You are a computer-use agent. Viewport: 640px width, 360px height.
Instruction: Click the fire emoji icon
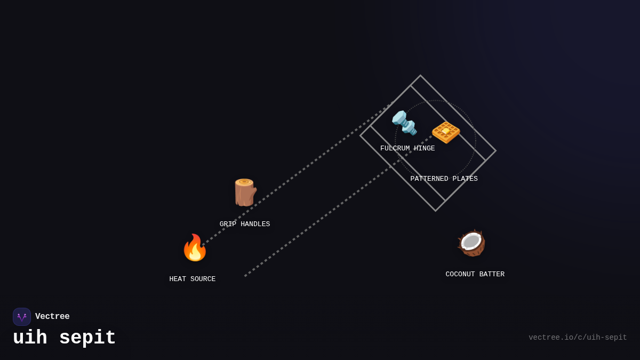pyautogui.click(x=195, y=248)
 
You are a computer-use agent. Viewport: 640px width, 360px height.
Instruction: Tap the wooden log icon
pyautogui.click(x=245, y=193)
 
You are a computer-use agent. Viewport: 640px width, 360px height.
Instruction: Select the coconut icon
pyautogui.click(x=471, y=243)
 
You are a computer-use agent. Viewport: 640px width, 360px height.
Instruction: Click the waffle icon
pyautogui.click(x=446, y=131)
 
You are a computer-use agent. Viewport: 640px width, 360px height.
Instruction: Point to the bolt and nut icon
pyautogui.click(x=404, y=123)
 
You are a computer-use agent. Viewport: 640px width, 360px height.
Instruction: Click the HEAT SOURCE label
pyautogui.click(x=193, y=279)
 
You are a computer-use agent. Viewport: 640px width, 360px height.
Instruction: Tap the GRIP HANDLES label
pyautogui.click(x=245, y=225)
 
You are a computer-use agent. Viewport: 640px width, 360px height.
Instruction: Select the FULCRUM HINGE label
pyautogui.click(x=407, y=149)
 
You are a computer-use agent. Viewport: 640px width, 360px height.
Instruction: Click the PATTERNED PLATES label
pyautogui.click(x=444, y=179)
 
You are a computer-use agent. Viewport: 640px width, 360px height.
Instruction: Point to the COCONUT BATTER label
pyautogui.click(x=475, y=275)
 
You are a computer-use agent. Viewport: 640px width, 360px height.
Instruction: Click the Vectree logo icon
pyautogui.click(x=22, y=317)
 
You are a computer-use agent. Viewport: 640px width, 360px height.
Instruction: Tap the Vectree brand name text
pyautogui.click(x=52, y=317)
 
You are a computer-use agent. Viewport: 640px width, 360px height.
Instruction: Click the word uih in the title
pyautogui.click(x=30, y=338)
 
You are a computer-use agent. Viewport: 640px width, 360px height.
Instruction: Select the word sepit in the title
pyautogui.click(x=87, y=338)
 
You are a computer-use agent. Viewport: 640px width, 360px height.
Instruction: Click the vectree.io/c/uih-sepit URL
pyautogui.click(x=578, y=338)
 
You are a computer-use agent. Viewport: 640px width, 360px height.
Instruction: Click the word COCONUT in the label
pyautogui.click(x=460, y=275)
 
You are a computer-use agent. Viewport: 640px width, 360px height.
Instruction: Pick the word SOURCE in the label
pyautogui.click(x=203, y=279)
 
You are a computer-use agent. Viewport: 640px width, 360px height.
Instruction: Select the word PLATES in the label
pyautogui.click(x=465, y=179)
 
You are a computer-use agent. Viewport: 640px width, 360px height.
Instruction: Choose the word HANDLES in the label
pyautogui.click(x=255, y=225)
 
